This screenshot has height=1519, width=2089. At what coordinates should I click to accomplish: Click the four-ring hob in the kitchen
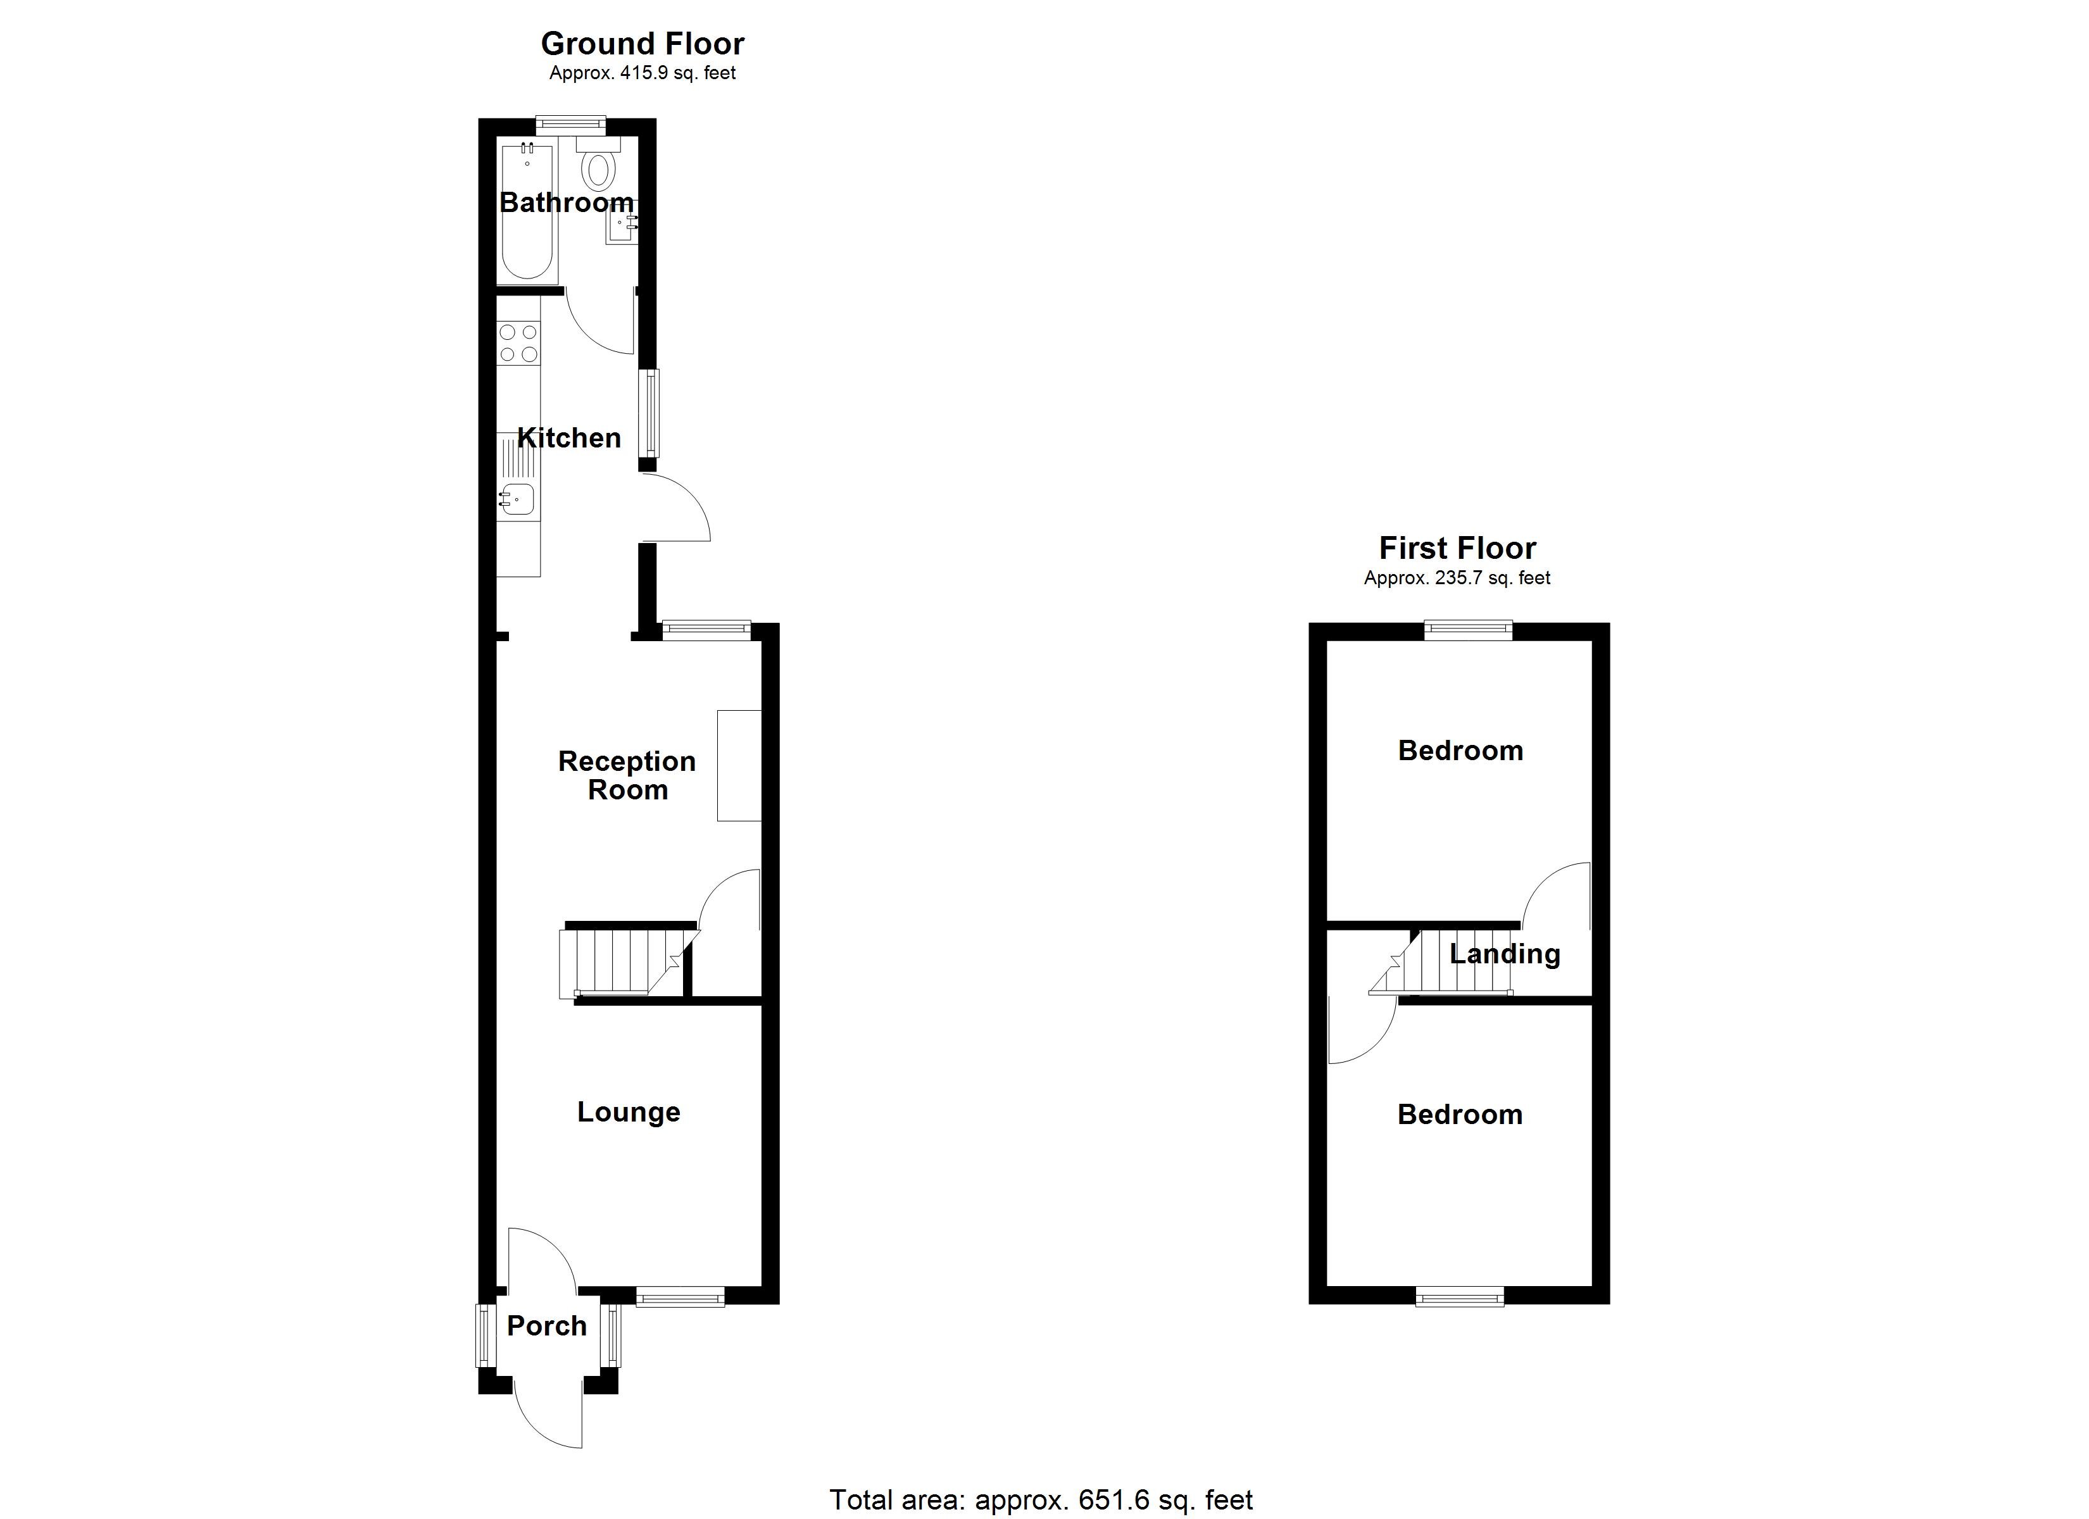pos(518,342)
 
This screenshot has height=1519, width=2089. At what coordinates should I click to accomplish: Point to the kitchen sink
pos(518,498)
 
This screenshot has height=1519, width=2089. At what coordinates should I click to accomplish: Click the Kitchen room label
pos(568,439)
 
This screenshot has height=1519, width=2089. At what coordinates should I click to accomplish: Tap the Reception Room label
pos(627,775)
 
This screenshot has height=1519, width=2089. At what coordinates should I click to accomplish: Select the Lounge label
pos(628,1112)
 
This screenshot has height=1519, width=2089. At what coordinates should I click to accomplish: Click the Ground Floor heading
pos(642,43)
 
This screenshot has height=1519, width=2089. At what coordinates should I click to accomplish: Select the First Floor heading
pos(1457,548)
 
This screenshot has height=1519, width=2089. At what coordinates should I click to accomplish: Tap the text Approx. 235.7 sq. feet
pos(1457,578)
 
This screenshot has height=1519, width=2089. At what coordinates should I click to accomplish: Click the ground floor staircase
pos(617,963)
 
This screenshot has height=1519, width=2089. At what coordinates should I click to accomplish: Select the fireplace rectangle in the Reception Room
pos(739,765)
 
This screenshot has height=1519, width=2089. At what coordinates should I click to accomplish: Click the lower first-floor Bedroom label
pos(1459,1115)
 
